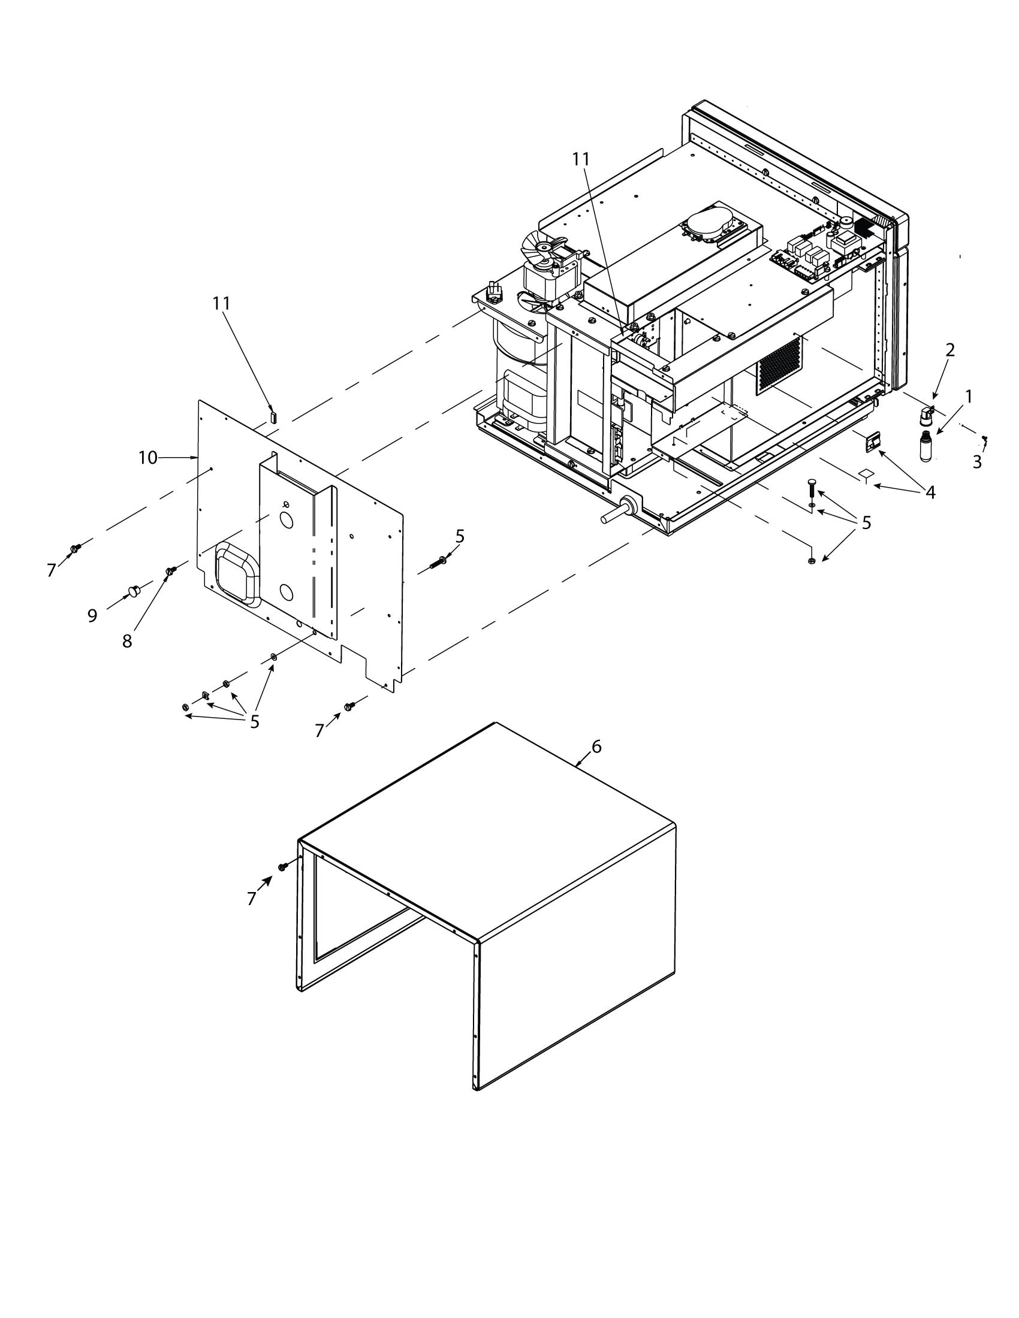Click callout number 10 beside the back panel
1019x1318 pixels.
(147, 458)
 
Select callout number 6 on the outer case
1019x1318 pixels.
(596, 746)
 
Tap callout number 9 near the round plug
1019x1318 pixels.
(92, 615)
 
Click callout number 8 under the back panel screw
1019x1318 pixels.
(126, 641)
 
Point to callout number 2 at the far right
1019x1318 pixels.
(949, 350)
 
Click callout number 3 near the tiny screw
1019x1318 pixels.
(977, 462)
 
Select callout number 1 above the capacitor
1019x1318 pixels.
(968, 397)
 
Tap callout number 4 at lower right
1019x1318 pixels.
(930, 492)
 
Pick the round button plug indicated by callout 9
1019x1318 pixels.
(133, 588)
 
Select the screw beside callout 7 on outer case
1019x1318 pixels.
(282, 867)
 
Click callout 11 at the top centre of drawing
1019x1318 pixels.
(580, 159)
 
